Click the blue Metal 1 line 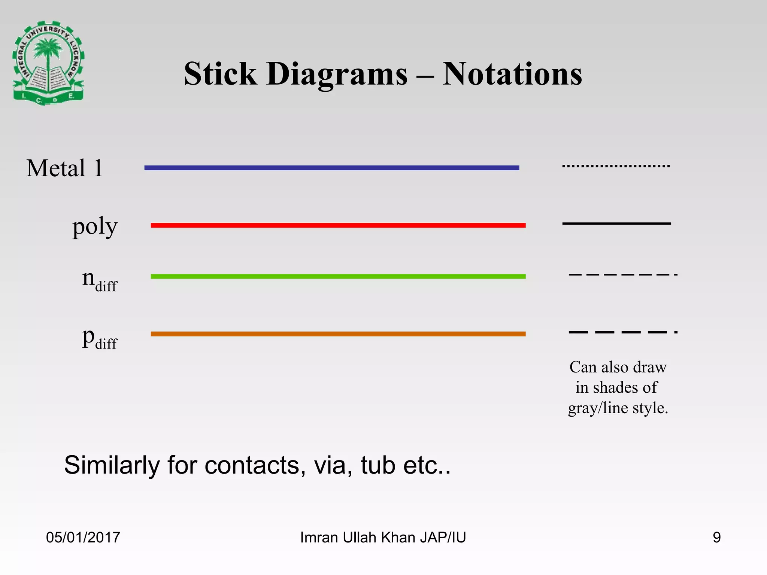click(x=332, y=168)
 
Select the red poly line click(x=338, y=225)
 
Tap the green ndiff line click(x=338, y=276)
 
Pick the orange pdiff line click(x=338, y=334)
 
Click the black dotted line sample click(x=616, y=166)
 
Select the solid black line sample click(x=616, y=223)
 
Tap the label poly click(x=95, y=226)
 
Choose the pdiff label click(x=99, y=338)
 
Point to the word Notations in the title click(x=512, y=74)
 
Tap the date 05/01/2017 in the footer click(x=83, y=537)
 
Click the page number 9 click(x=716, y=537)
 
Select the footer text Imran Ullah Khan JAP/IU click(x=383, y=537)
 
